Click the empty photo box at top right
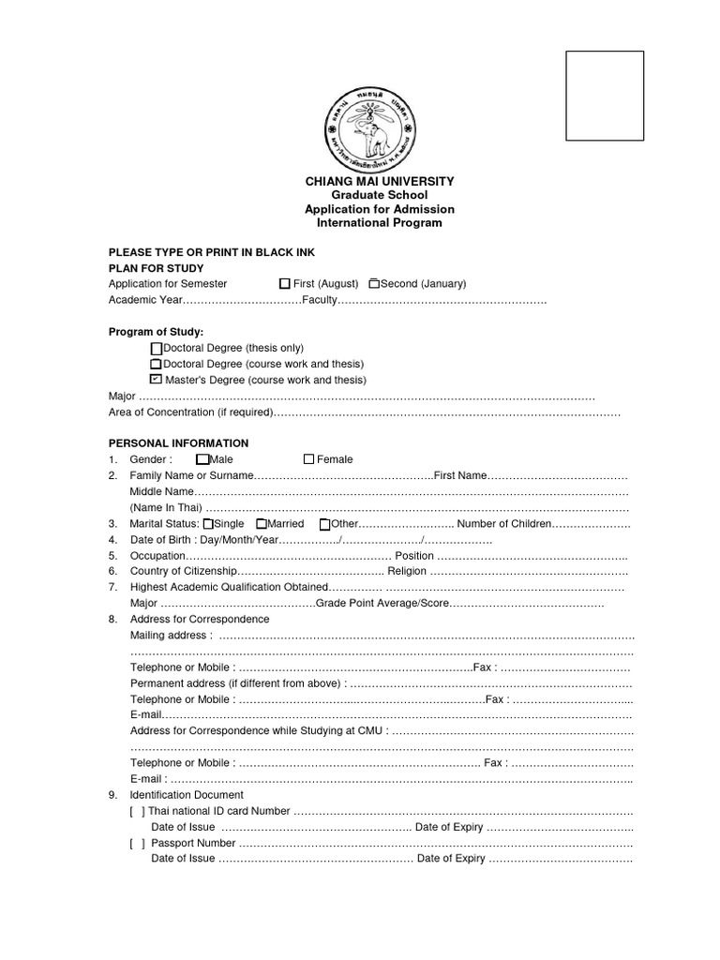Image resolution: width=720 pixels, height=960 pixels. [604, 96]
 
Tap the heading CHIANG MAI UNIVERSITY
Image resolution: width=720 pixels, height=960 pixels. [379, 181]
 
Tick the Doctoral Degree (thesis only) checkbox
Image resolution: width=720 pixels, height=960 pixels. [156, 348]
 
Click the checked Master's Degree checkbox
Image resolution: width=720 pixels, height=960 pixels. [156, 380]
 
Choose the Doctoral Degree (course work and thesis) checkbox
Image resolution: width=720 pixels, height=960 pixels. [156, 364]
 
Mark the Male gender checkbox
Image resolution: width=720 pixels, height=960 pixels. [202, 459]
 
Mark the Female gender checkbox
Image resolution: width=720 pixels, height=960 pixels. [308, 459]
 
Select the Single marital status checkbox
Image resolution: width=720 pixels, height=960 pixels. [208, 524]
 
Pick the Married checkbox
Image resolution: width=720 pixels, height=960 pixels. [262, 524]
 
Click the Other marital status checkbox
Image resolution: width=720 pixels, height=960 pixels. [324, 524]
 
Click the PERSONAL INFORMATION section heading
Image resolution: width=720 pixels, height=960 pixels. [178, 443]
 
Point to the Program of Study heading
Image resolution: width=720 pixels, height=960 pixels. [156, 332]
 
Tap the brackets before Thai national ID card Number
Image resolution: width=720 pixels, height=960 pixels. [137, 811]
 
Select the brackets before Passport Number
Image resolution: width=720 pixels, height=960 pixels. [137, 843]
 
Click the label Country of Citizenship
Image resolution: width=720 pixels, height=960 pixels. [183, 570]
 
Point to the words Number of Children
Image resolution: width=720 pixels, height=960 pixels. [504, 524]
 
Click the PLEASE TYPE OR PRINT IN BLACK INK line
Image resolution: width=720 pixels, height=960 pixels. [212, 253]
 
